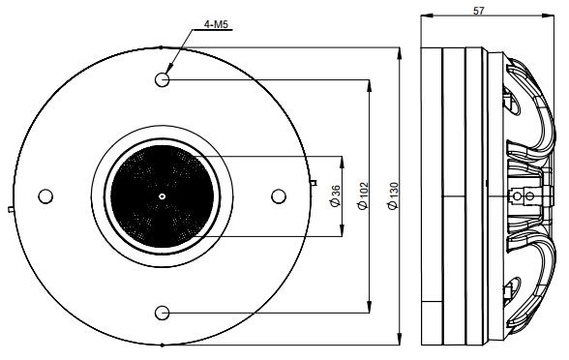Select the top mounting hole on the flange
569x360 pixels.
[162, 78]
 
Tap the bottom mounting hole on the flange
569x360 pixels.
[162, 312]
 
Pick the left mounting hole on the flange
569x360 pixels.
[45, 195]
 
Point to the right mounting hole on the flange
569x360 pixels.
[279, 195]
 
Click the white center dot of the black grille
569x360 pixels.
[162, 195]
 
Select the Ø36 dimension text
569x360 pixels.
[335, 196]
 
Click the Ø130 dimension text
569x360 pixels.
[392, 196]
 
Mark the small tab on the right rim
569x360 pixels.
[314, 182]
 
